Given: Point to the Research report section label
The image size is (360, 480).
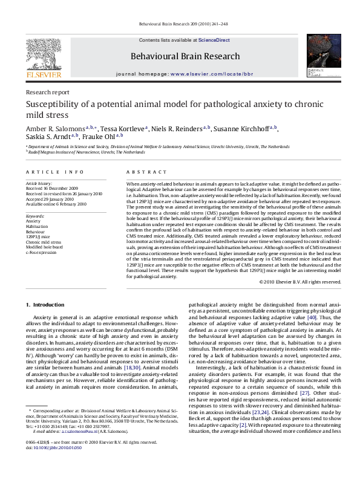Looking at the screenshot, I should tap(44, 92).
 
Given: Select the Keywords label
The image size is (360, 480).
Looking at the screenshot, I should tap(36, 215).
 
